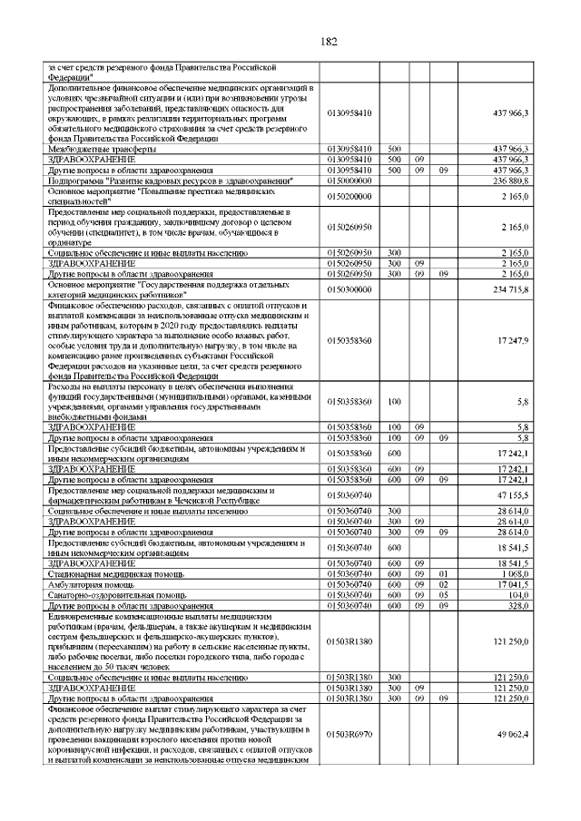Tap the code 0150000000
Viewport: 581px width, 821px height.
point(349,181)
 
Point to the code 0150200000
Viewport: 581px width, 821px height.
point(349,195)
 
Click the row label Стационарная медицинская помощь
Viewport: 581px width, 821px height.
point(117,574)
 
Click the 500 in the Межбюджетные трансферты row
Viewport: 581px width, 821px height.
point(394,148)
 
